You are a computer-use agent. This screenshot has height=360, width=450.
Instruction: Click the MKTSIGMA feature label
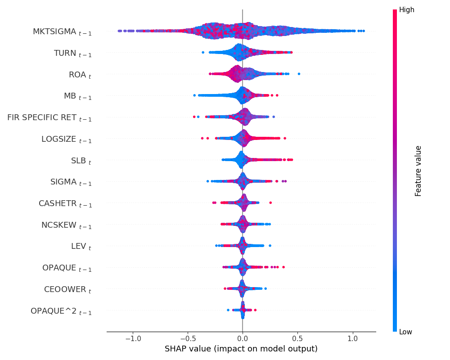pos(62,32)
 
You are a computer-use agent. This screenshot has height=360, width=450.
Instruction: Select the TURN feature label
pos(72,54)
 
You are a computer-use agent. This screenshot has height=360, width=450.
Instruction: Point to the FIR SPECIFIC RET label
pos(49,118)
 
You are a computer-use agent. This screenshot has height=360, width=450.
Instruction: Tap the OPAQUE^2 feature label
pos(61,311)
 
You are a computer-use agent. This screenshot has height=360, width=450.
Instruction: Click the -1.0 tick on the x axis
pos(132,338)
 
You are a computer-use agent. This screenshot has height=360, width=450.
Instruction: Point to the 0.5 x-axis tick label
pos(297,338)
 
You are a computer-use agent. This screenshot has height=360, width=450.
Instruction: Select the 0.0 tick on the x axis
pos(243,338)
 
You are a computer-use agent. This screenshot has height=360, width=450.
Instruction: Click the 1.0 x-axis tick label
pos(353,338)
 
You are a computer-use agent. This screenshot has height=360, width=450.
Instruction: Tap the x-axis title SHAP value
pos(241,349)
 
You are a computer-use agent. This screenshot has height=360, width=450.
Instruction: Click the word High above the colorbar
pos(406,10)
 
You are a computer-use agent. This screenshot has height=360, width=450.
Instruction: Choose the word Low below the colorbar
pos(405,332)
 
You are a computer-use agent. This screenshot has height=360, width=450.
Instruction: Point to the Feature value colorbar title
pos(418,171)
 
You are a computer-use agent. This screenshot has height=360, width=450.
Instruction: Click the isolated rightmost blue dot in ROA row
pos(299,74)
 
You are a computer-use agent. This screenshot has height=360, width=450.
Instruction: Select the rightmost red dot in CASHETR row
pos(270,203)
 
